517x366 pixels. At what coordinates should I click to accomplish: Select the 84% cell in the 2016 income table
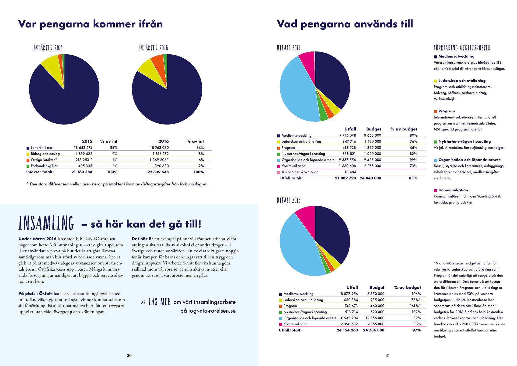[x=200, y=148]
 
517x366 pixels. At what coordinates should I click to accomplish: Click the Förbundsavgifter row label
[x=44, y=166]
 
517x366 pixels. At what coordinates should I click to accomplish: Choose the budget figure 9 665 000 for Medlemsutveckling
[x=372, y=135]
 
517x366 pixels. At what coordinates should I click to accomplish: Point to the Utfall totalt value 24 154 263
[x=347, y=330]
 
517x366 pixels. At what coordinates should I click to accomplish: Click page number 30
[x=129, y=355]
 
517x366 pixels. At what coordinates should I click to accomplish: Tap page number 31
[x=387, y=355]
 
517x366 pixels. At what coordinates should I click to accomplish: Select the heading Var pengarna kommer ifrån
[x=90, y=24]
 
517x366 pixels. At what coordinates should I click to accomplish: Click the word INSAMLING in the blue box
[x=46, y=223]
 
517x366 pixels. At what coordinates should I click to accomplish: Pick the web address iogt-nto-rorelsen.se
[x=208, y=311]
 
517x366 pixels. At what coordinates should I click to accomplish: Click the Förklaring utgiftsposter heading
[x=462, y=48]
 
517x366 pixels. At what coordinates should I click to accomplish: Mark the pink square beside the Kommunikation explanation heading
[x=435, y=191]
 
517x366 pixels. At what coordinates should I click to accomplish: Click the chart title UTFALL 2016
[x=288, y=200]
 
